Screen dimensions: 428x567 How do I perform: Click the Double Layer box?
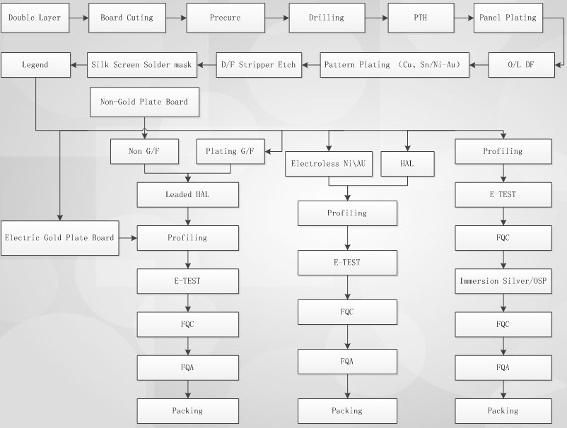[35, 18]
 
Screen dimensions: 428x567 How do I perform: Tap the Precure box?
[225, 18]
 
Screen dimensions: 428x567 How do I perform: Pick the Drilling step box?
[327, 18]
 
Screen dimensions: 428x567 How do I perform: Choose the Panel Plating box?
[508, 18]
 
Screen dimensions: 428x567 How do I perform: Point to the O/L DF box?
[521, 65]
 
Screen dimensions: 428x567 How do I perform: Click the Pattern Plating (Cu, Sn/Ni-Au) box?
[394, 65]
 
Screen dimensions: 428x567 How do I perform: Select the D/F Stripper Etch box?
[258, 65]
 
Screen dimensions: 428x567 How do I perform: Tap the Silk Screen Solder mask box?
[141, 65]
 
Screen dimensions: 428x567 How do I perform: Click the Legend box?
[35, 65]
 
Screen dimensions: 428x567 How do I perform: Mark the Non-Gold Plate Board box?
[144, 102]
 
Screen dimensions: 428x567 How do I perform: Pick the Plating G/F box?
[229, 151]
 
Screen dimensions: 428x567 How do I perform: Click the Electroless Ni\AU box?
[329, 163]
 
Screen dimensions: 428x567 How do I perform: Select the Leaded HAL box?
[187, 194]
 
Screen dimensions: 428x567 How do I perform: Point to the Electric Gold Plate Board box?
[59, 238]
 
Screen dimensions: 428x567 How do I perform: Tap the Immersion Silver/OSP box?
[503, 281]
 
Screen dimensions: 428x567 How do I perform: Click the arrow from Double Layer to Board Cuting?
[79, 18]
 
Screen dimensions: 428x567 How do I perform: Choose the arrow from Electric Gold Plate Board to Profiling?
[128, 238]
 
